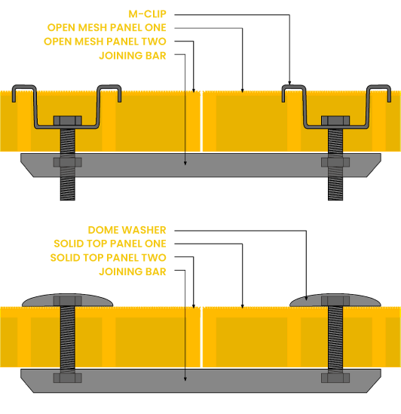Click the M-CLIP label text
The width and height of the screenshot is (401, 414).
147,14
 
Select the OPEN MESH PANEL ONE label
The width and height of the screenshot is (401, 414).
106,27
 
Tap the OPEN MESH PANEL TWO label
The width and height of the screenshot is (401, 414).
105,41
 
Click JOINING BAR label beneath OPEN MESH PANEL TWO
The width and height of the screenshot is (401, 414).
133,56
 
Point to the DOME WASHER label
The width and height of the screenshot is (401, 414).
127,230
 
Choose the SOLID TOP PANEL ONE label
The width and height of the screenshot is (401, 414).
110,244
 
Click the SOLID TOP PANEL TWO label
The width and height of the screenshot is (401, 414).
108,258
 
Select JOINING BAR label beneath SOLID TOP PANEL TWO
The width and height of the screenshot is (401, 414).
133,271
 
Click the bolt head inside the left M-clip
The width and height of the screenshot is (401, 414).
68,121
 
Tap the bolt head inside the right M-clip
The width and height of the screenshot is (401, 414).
335,121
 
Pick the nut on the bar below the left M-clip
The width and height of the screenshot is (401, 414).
68,162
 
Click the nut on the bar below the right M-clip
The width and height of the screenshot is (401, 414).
335,162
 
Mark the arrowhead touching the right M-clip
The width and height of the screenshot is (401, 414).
289,83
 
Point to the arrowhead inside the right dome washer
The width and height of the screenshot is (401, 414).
306,299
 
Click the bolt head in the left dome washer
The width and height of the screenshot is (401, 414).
68,301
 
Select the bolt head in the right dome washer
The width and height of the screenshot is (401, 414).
335,301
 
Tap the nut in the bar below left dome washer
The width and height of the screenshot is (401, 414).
68,378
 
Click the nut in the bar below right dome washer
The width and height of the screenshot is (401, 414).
335,378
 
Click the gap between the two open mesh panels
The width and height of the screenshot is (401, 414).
201,121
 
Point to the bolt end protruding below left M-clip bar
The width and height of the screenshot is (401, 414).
68,189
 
